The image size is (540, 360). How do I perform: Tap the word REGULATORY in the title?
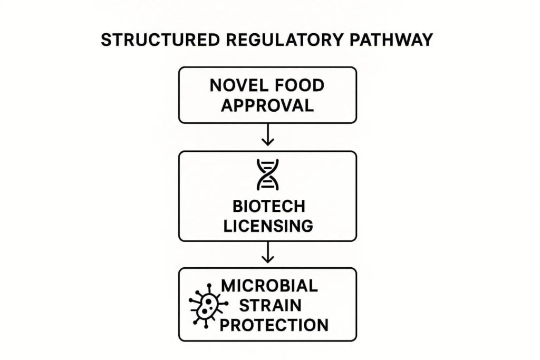click(281, 41)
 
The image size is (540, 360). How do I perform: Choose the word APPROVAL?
click(267, 105)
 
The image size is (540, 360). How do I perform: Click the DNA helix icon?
click(267, 175)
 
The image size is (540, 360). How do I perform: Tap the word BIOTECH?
click(268, 207)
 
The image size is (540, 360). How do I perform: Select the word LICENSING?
click(268, 226)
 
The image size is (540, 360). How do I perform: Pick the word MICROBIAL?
click(269, 286)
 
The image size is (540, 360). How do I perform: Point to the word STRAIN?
click(269, 305)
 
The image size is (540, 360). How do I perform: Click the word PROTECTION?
click(274, 325)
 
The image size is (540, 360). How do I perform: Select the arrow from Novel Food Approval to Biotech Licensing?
click(268, 137)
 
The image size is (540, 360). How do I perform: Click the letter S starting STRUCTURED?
click(106, 41)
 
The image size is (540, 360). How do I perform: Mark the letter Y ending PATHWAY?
click(427, 41)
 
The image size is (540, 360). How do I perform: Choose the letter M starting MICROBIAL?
click(228, 286)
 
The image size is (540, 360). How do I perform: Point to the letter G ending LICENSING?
click(306, 226)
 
